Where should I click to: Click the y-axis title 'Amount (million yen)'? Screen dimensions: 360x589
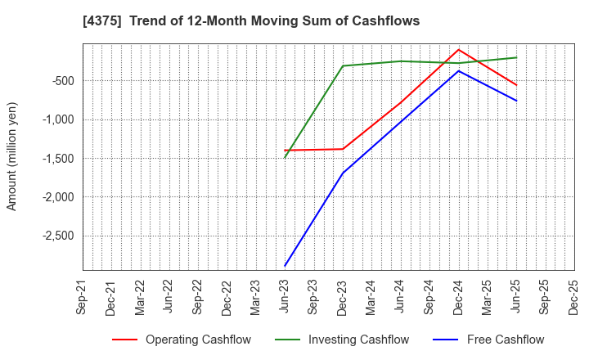point(11,156)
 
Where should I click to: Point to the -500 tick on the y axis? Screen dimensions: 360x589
point(62,81)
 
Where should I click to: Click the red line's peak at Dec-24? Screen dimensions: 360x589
point(458,49)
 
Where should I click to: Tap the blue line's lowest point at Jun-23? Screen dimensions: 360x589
point(285,266)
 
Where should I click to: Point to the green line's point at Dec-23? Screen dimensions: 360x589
point(343,66)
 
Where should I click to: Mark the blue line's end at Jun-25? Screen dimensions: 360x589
point(516,101)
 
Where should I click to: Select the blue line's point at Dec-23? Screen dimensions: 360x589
point(343,173)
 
